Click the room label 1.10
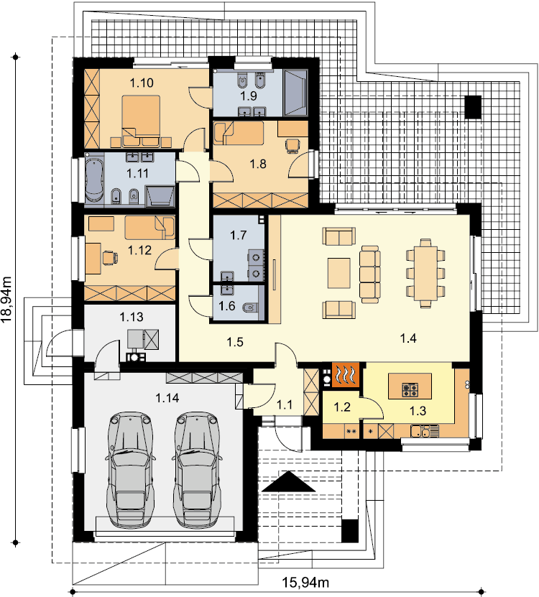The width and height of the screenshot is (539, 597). click(x=142, y=83)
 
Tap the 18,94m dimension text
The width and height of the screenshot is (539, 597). click(x=7, y=300)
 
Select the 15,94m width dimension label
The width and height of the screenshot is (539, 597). click(x=305, y=582)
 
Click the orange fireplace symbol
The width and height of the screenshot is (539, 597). click(x=346, y=375)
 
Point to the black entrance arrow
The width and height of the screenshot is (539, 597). click(x=289, y=481)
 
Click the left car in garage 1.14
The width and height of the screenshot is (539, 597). click(x=129, y=470)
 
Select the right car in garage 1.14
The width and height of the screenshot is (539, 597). click(x=198, y=470)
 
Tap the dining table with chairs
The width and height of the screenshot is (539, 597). click(x=425, y=273)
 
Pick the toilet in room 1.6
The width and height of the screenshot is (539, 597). click(x=250, y=307)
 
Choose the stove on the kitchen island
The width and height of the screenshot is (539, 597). click(x=410, y=389)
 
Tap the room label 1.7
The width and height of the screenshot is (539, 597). click(x=239, y=235)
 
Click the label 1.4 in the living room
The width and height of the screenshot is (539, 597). click(x=408, y=338)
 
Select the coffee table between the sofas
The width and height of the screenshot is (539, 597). click(x=339, y=273)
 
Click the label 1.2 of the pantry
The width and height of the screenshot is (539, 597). click(x=341, y=407)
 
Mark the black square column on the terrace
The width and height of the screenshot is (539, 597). click(x=473, y=106)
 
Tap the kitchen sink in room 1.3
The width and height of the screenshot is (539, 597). click(x=425, y=431)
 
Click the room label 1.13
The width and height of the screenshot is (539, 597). click(x=132, y=316)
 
